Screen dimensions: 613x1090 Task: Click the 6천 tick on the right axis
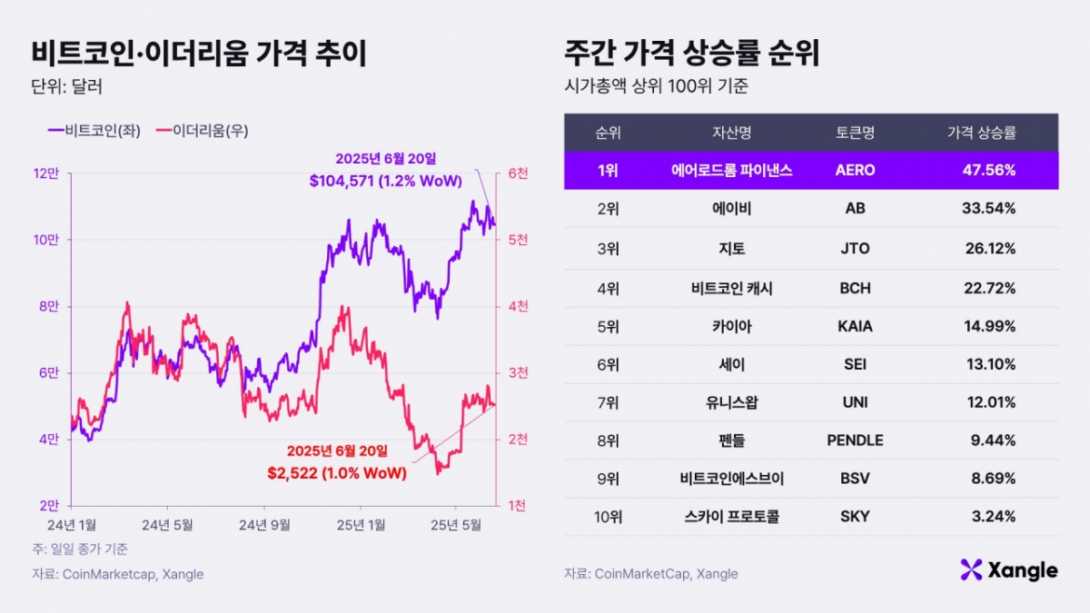(x=515, y=173)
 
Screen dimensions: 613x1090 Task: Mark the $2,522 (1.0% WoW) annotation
(x=336, y=472)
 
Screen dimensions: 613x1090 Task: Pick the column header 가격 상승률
(x=981, y=133)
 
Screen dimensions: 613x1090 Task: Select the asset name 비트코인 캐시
(x=731, y=288)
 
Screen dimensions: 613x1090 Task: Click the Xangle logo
(x=1008, y=570)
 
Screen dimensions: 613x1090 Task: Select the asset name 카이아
(x=731, y=326)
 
